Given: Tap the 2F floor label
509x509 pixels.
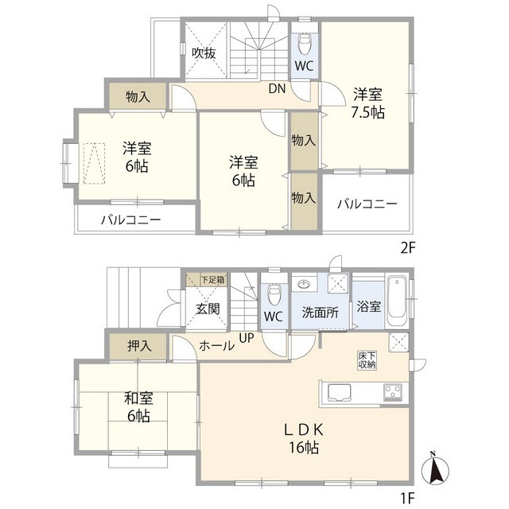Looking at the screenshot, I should (x=407, y=247).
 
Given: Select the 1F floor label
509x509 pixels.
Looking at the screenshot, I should (x=407, y=499).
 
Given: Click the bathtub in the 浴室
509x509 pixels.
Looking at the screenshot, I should (x=397, y=301).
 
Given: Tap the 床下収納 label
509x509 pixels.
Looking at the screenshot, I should (x=367, y=359).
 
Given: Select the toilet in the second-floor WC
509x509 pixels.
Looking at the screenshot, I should (x=304, y=41).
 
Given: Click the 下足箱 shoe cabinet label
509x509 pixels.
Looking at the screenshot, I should (x=212, y=279).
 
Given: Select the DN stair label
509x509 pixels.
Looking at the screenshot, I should (x=277, y=89).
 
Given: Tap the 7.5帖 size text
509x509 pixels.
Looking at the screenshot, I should (x=368, y=113).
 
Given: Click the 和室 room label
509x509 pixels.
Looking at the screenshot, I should (x=137, y=396).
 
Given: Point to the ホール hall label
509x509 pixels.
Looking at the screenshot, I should (x=216, y=346).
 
